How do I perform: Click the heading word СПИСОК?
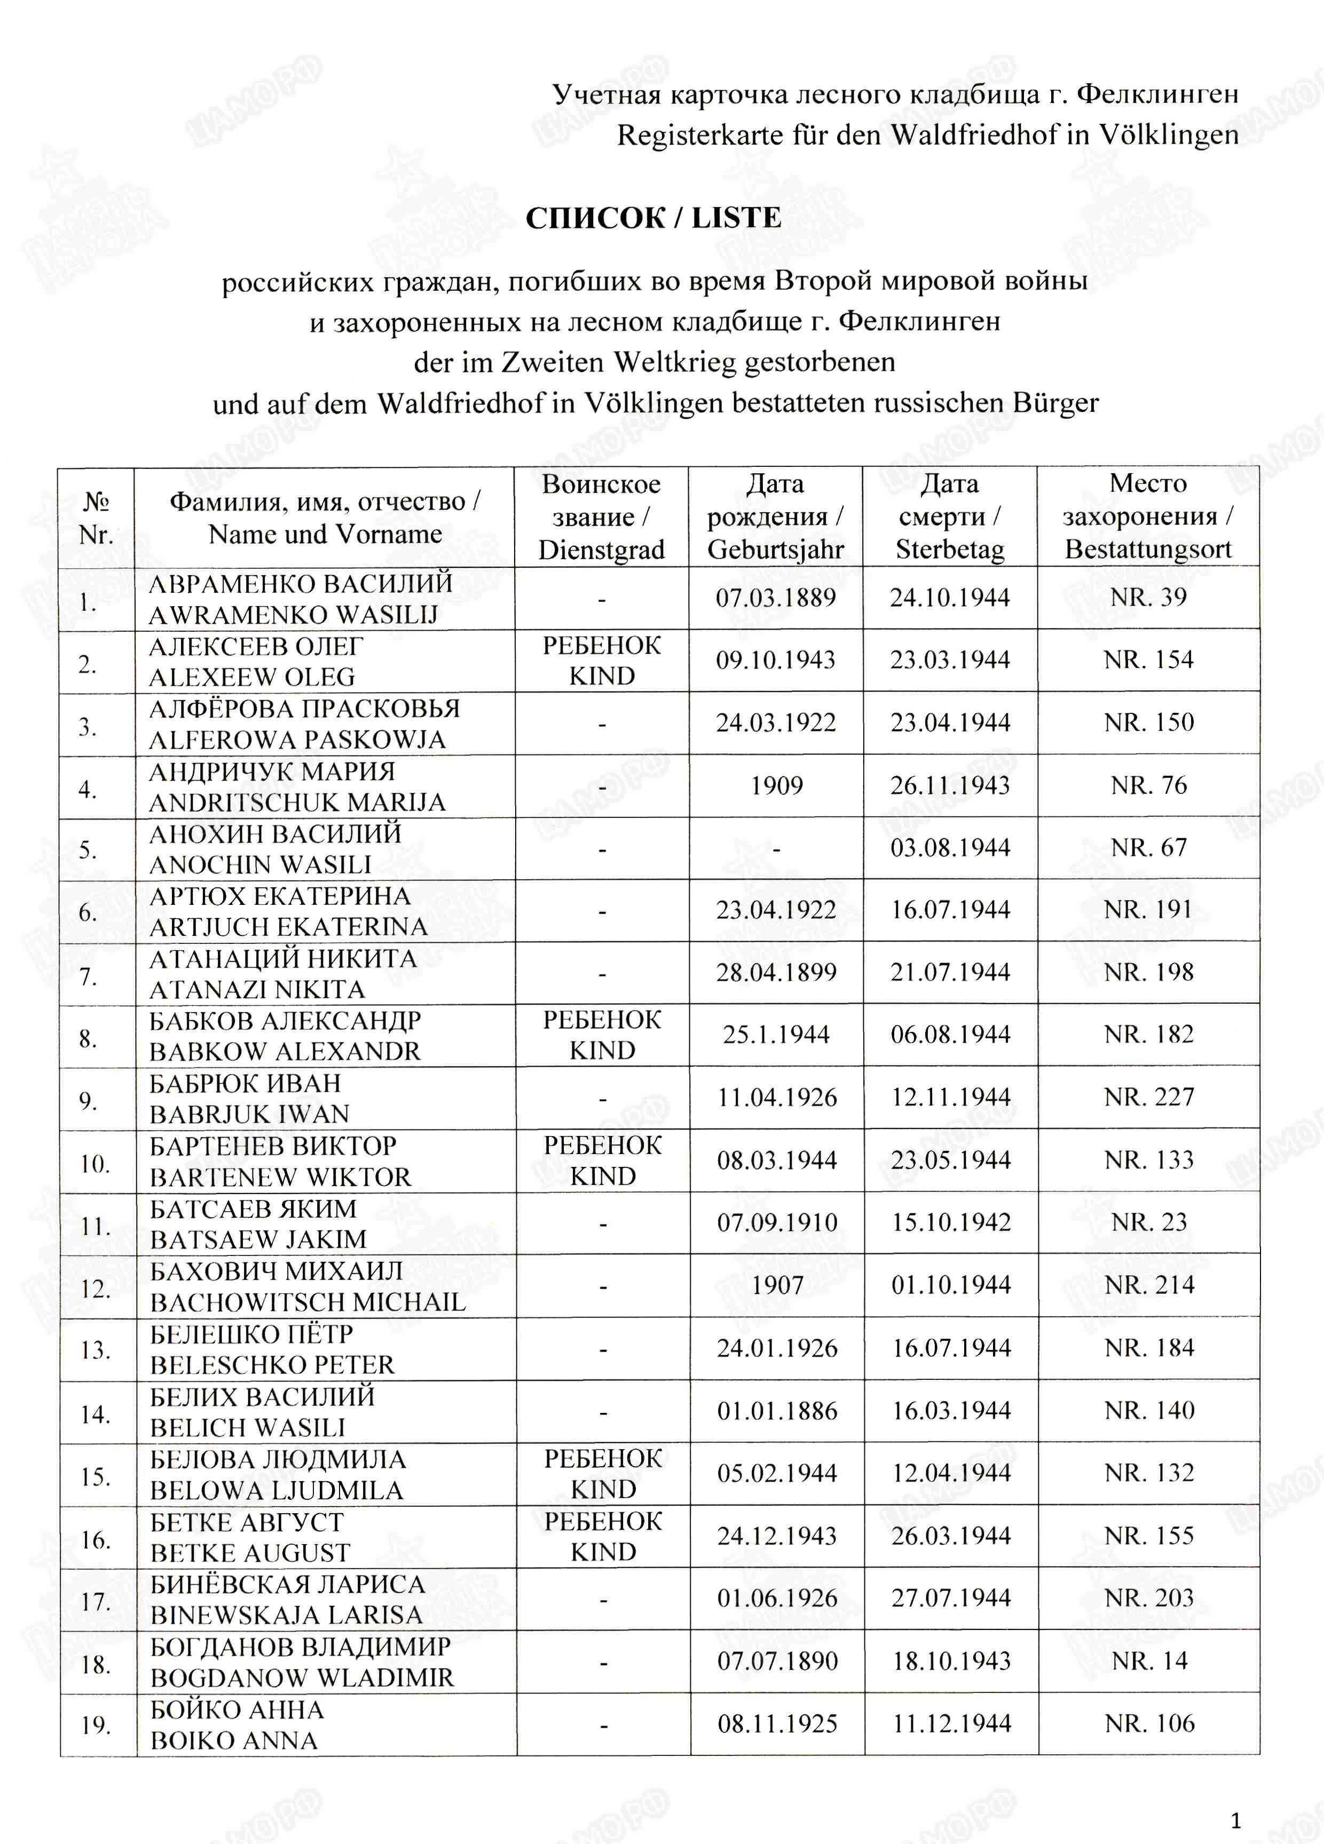[595, 218]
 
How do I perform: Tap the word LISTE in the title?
[736, 218]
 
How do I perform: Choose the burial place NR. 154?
[1148, 659]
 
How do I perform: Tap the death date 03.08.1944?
[950, 847]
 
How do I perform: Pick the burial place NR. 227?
[1148, 1097]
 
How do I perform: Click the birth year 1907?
[777, 1285]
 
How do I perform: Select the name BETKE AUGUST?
[250, 1552]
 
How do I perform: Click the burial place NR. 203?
[1148, 1597]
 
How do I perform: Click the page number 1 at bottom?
[1236, 1819]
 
